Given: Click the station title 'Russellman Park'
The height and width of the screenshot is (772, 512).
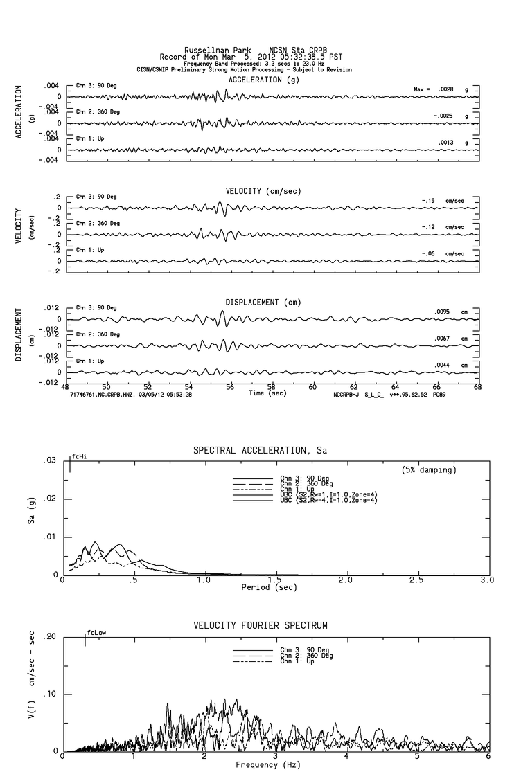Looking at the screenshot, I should pyautogui.click(x=209, y=50).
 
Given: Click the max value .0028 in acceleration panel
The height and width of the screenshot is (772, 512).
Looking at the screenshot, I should pyautogui.click(x=445, y=89).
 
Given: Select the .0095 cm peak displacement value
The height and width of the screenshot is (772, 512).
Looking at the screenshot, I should pyautogui.click(x=444, y=312).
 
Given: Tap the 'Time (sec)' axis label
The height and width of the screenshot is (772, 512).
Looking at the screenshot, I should pyautogui.click(x=267, y=393).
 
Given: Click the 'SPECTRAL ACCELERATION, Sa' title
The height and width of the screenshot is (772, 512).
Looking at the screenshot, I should pyautogui.click(x=260, y=451).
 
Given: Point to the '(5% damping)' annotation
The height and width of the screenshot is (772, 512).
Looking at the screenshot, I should pyautogui.click(x=430, y=470).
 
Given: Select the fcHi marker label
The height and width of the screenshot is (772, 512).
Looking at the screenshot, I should pyautogui.click(x=80, y=457).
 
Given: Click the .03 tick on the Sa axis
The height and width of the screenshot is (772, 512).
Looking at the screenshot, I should pyautogui.click(x=49, y=461).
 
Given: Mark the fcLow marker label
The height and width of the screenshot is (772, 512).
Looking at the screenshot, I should pyautogui.click(x=96, y=633).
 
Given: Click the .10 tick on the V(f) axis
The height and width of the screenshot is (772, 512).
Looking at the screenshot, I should pyautogui.click(x=49, y=694).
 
